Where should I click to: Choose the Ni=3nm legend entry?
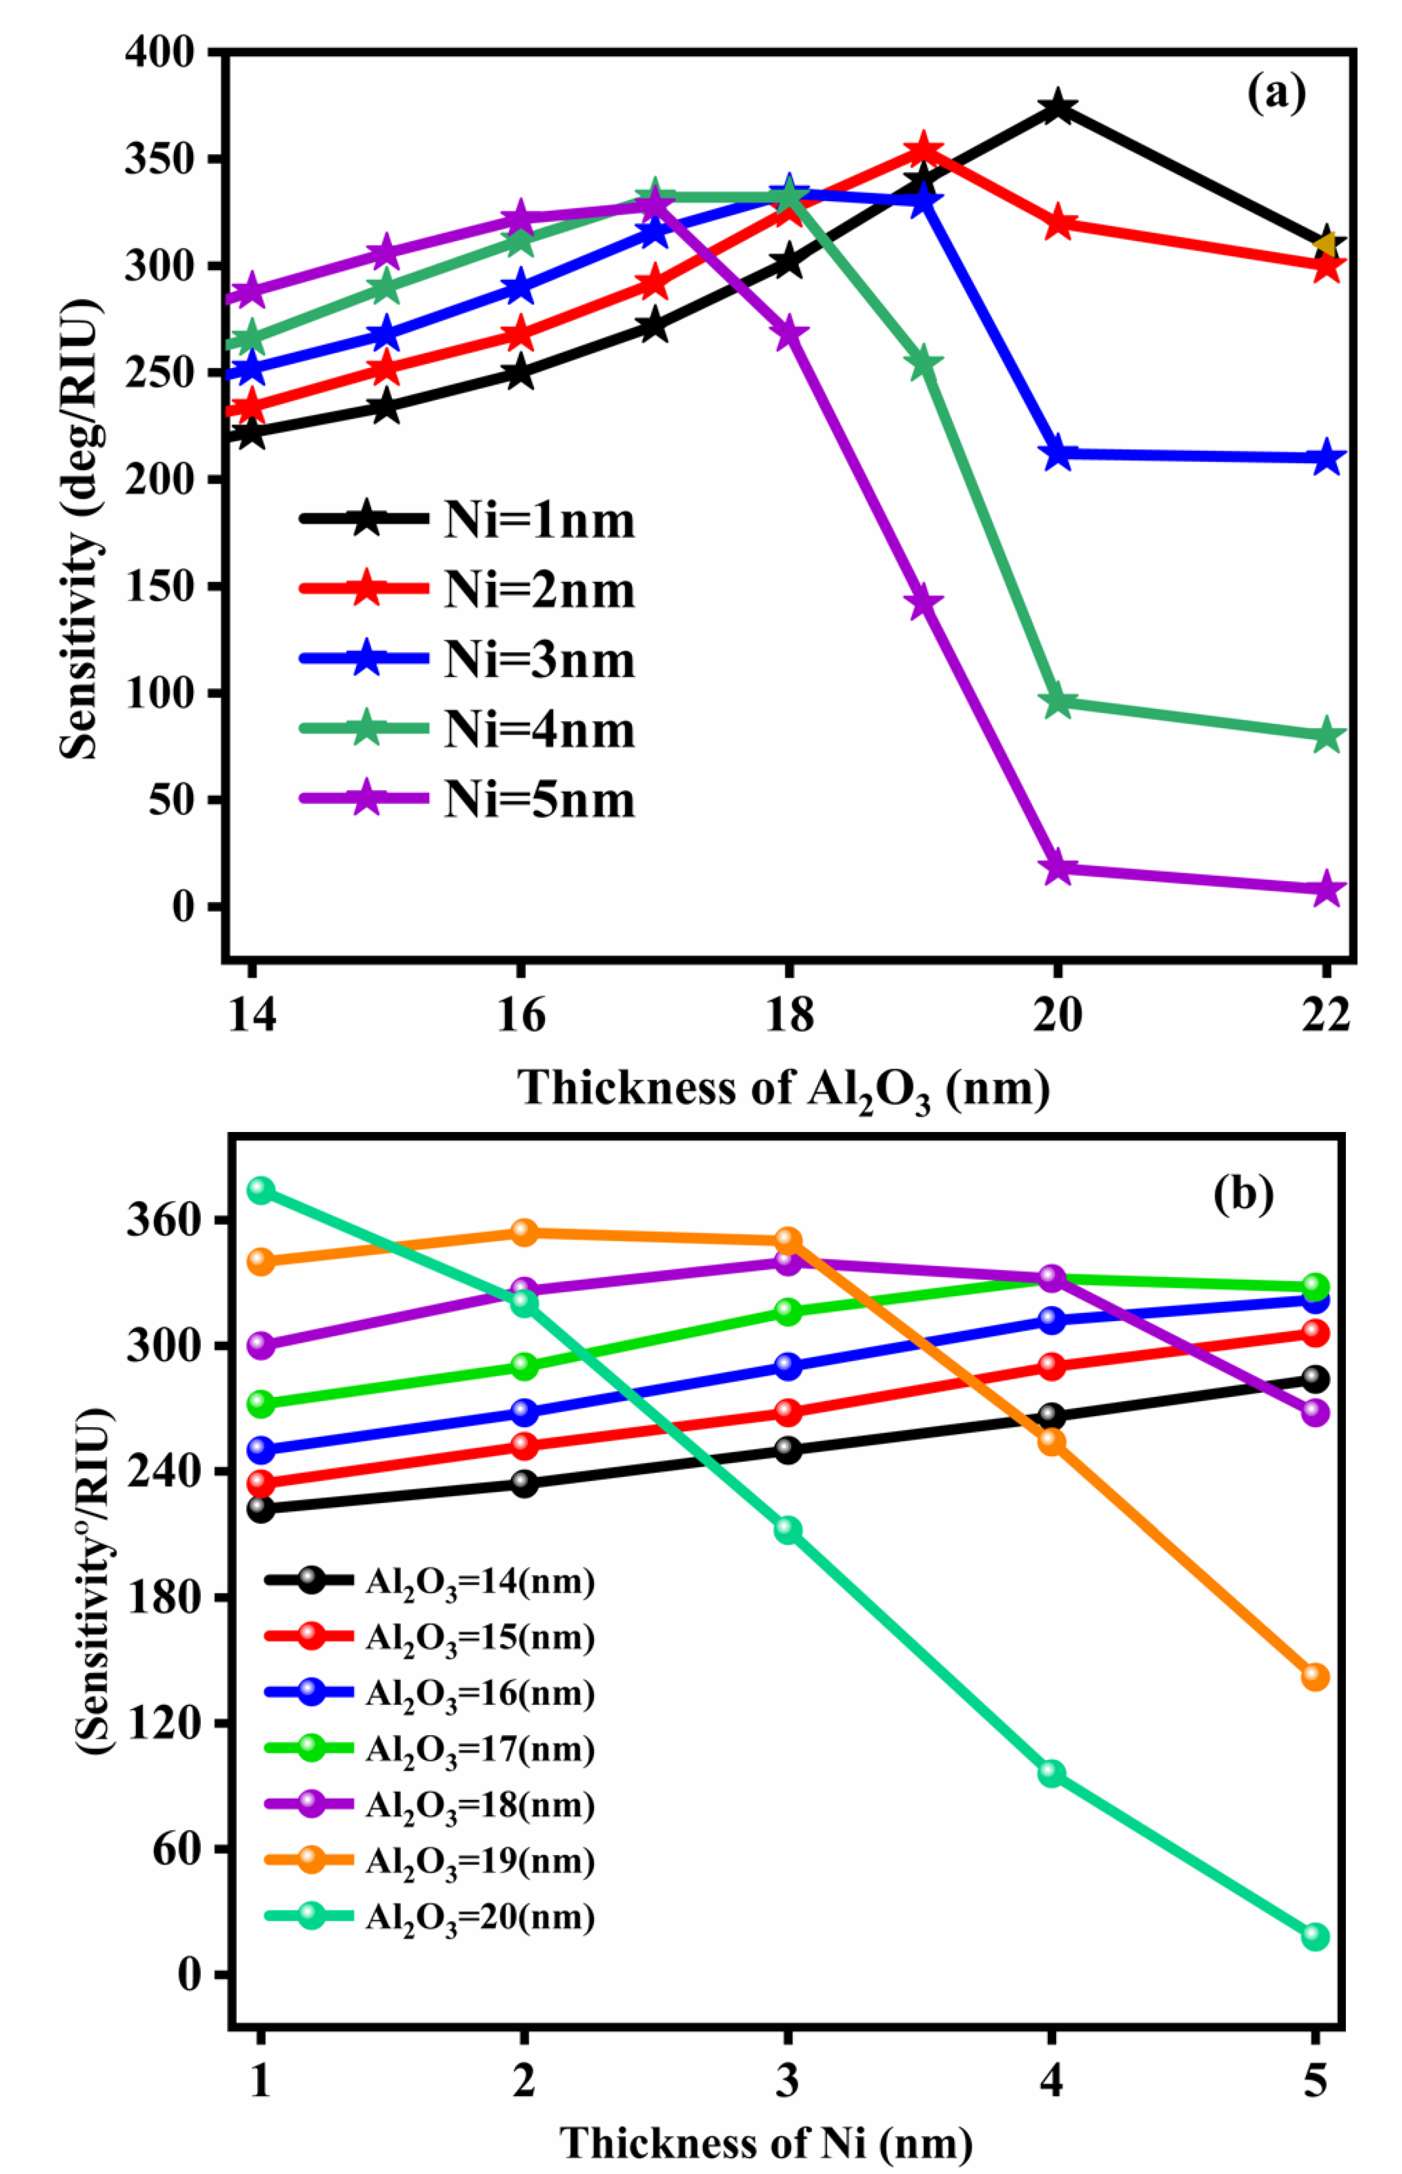click(x=469, y=659)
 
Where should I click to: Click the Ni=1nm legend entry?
click(x=469, y=520)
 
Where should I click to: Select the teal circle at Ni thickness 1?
click(x=261, y=1190)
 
